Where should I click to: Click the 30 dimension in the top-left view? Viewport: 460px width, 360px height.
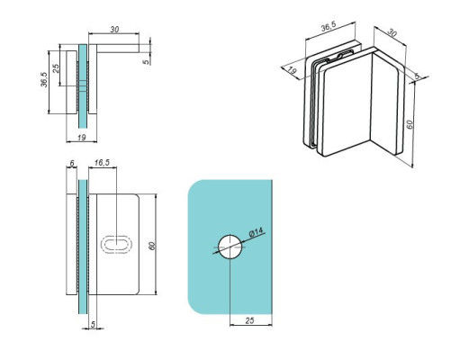pyautogui.click(x=113, y=30)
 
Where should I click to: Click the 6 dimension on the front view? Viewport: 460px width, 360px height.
pyautogui.click(x=71, y=166)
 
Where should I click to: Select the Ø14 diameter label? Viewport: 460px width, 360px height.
pyautogui.click(x=256, y=234)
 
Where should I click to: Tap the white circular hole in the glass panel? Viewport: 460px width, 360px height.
pyautogui.click(x=230, y=246)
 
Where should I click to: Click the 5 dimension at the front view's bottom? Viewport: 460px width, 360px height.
pyautogui.click(x=94, y=327)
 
